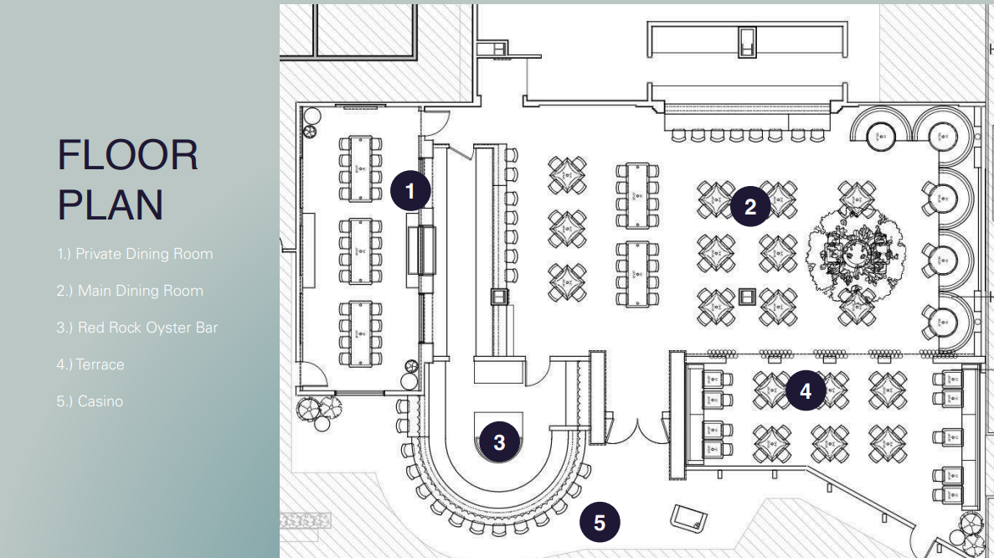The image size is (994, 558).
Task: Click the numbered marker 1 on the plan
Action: pyautogui.click(x=409, y=190)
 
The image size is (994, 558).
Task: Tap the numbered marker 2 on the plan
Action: pyautogui.click(x=750, y=206)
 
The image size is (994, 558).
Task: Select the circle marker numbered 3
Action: pyautogui.click(x=500, y=442)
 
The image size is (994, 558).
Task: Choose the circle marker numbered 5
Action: pyautogui.click(x=600, y=523)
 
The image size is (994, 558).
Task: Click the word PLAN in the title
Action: pyautogui.click(x=110, y=204)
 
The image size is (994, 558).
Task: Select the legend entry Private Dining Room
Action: pyautogui.click(x=135, y=254)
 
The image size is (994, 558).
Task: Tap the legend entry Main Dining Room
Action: pyautogui.click(x=130, y=291)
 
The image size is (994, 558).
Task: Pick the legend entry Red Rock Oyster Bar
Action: pyautogui.click(x=136, y=328)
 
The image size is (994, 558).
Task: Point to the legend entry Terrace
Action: pyautogui.click(x=90, y=364)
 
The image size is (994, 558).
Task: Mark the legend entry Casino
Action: pyautogui.click(x=90, y=401)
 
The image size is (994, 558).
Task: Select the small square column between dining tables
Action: pyautogui.click(x=748, y=297)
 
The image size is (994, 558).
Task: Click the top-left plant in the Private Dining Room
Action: pyautogui.click(x=312, y=131)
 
